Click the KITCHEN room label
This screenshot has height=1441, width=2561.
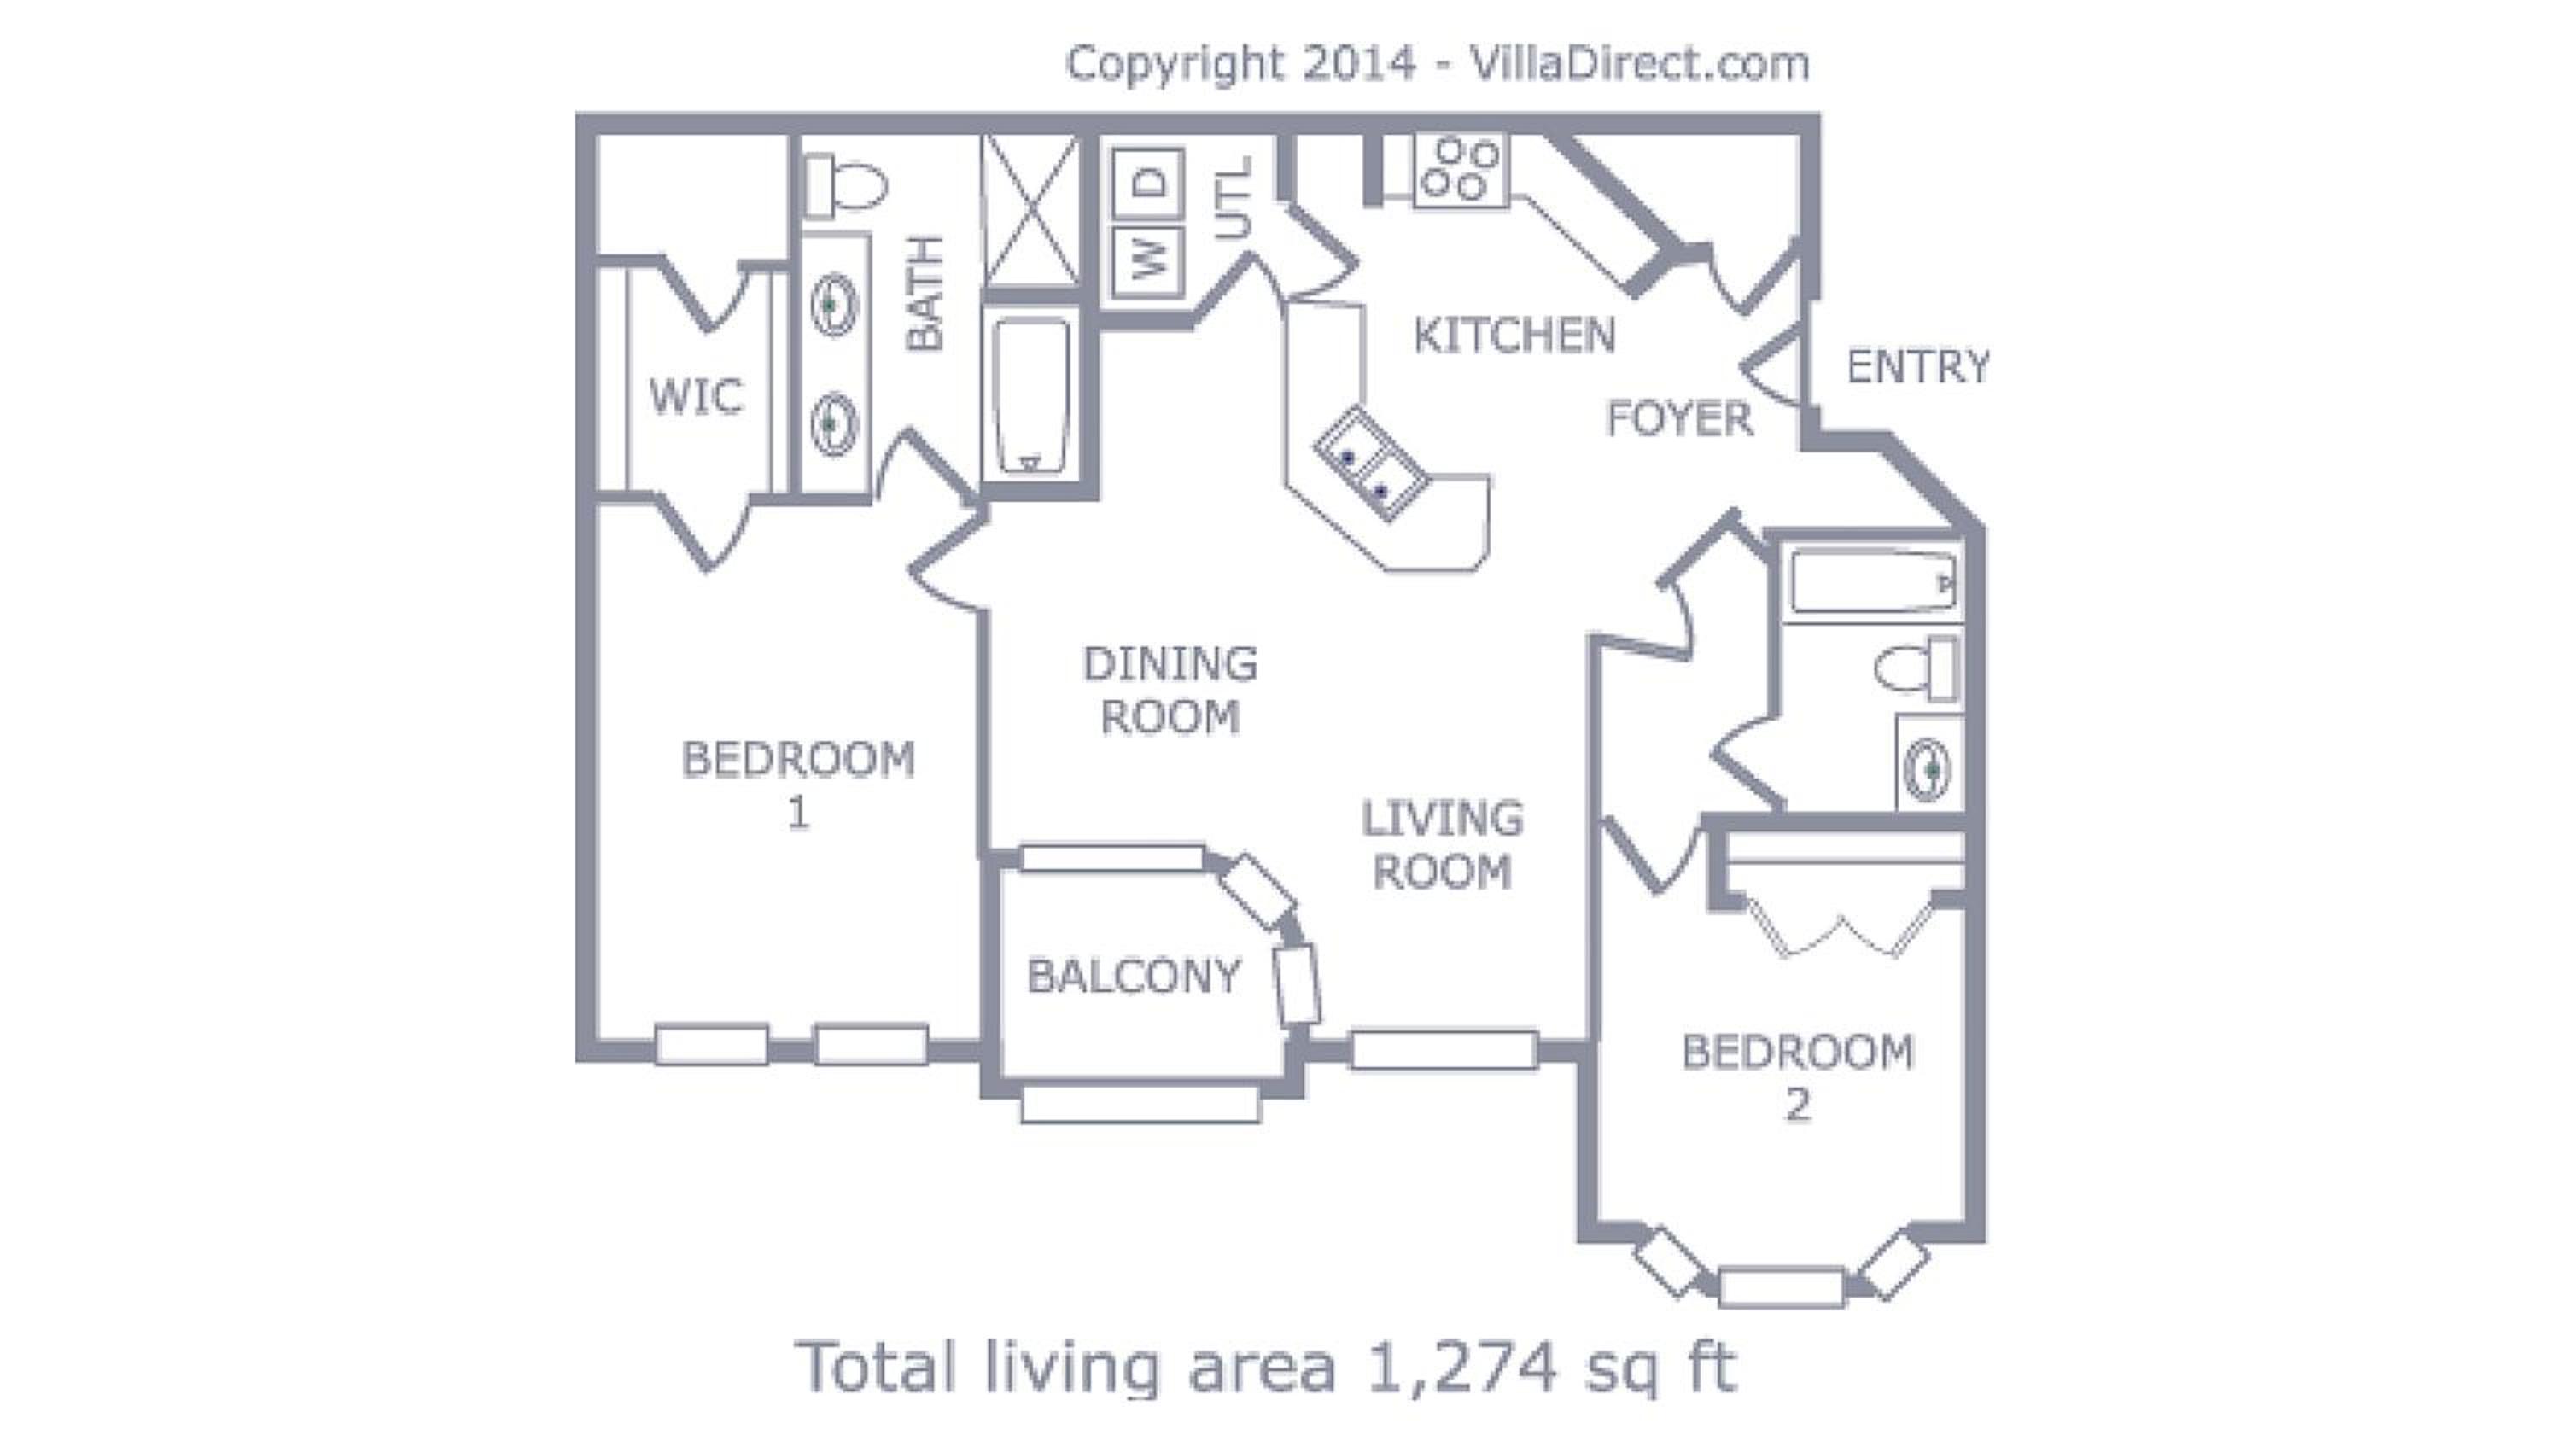[x=1514, y=336]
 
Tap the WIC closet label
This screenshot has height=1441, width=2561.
[x=696, y=396]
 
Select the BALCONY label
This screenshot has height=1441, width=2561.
[x=1135, y=976]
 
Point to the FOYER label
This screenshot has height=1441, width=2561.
[x=1679, y=417]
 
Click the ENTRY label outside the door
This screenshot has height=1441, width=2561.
[x=1918, y=367]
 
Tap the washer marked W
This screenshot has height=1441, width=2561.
[x=1147, y=263]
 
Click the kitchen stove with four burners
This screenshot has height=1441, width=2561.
[x=1460, y=169]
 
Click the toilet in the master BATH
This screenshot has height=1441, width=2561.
[x=844, y=186]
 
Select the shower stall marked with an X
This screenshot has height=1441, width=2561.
[x=1030, y=210]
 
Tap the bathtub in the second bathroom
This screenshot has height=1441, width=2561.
[x=1873, y=581]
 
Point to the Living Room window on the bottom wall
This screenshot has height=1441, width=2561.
[x=1444, y=1050]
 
